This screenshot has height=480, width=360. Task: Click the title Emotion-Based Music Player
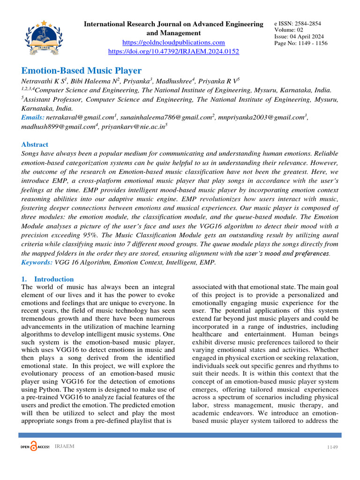[x=82, y=71]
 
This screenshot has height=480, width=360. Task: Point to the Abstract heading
[x=35, y=145]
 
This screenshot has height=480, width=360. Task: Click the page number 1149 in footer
[x=332, y=447]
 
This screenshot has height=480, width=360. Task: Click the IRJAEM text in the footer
[x=64, y=446]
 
